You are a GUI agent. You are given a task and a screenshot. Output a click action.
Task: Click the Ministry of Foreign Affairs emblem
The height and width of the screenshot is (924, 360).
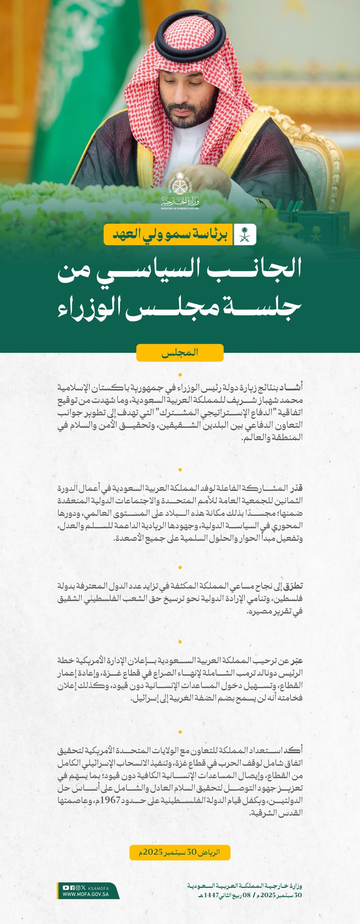[x=180, y=185]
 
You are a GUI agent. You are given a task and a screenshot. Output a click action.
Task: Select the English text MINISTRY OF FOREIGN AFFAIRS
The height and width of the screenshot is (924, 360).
[x=180, y=209]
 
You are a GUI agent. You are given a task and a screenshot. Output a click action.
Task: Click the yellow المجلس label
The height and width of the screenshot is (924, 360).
[x=180, y=353]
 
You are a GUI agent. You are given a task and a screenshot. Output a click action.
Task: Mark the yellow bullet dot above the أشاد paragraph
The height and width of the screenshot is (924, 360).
[x=180, y=375]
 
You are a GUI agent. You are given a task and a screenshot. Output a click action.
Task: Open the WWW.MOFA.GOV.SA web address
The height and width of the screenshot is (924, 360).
[x=85, y=894]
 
